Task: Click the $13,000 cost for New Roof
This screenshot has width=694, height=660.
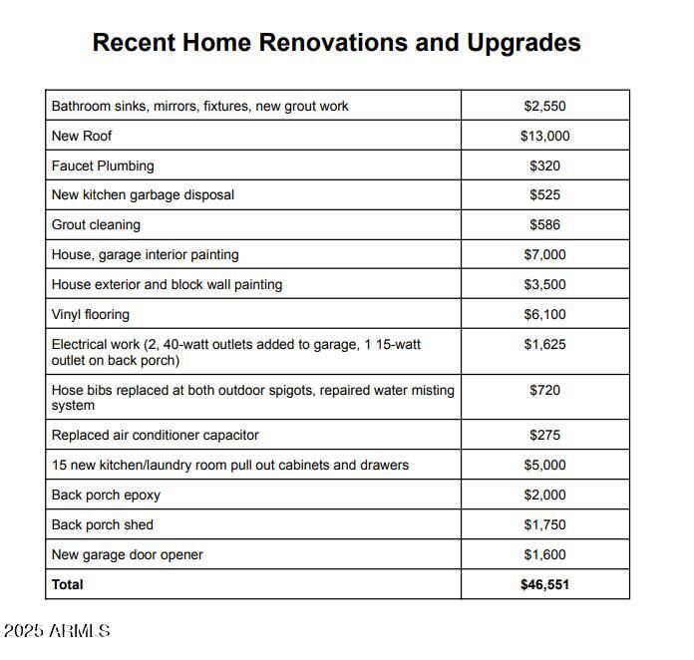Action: [544, 136]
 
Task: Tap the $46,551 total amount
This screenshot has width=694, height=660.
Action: [544, 584]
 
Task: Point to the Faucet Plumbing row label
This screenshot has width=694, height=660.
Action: [103, 165]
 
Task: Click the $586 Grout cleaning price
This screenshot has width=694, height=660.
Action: [544, 224]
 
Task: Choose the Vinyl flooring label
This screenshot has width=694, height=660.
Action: [91, 314]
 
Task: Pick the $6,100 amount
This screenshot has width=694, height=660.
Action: [544, 314]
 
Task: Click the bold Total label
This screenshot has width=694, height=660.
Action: [68, 584]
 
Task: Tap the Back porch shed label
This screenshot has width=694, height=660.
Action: [103, 524]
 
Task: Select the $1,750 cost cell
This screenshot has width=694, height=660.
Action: [544, 524]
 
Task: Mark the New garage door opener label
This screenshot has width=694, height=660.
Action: [127, 554]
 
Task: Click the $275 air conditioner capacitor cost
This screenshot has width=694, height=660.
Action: [544, 435]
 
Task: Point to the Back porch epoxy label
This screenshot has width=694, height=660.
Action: [106, 495]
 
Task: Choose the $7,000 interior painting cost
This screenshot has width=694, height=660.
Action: [544, 254]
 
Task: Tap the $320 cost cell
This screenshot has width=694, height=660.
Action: [544, 165]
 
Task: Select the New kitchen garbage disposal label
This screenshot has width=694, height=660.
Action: [143, 194]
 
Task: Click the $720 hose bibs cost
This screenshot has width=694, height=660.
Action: [544, 390]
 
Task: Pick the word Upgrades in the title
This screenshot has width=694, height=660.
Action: [523, 43]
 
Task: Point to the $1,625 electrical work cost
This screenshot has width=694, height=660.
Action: [544, 345]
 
